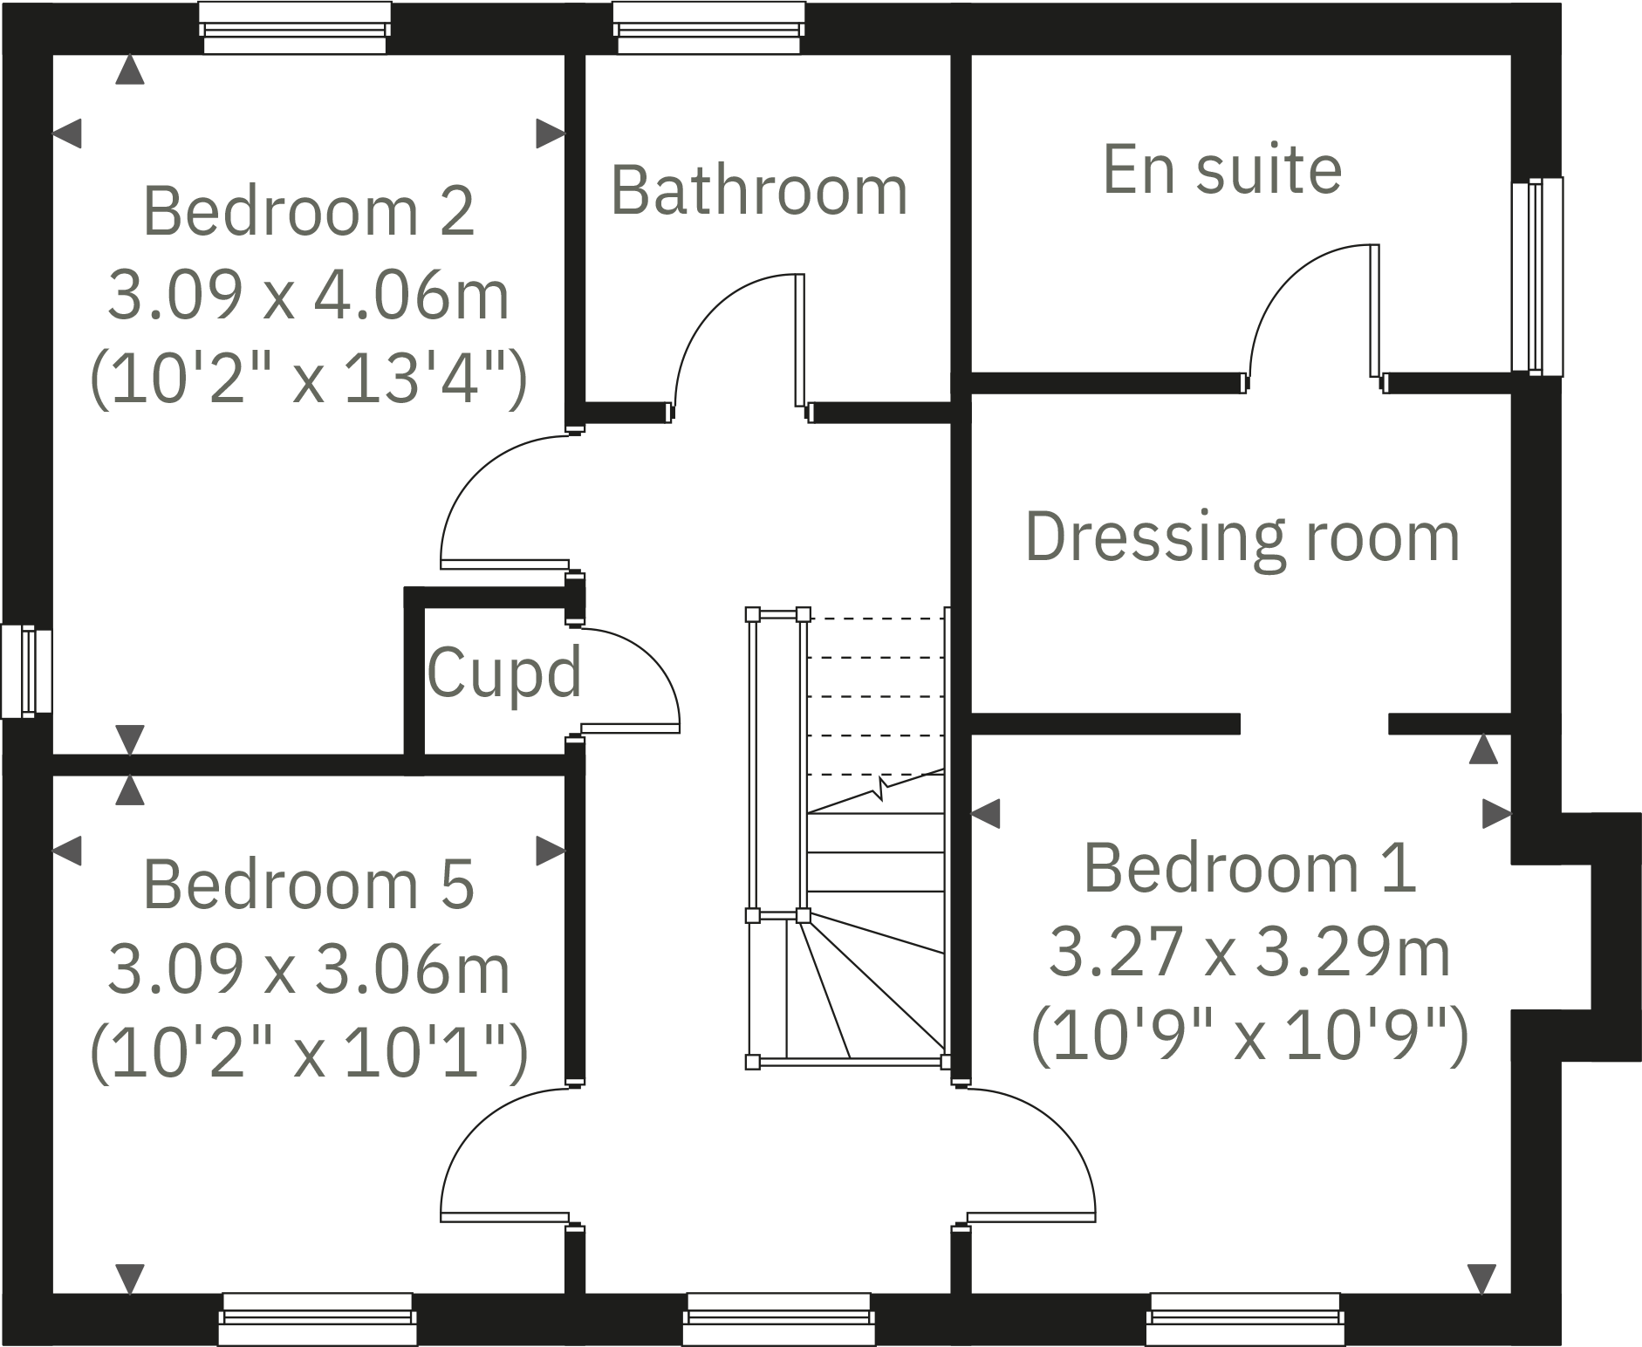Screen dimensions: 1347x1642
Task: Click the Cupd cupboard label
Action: point(503,672)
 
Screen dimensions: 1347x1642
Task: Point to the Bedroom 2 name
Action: point(309,210)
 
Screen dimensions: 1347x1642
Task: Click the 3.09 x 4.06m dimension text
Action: point(309,295)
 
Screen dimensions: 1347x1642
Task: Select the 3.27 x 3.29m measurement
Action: point(1249,951)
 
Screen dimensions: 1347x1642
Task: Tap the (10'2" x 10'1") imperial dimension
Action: point(309,1052)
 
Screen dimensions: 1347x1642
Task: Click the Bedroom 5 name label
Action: point(309,884)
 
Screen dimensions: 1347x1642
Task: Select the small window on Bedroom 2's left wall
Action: point(26,671)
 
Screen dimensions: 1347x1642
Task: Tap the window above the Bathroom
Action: point(708,28)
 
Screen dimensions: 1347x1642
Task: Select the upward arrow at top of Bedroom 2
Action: point(130,70)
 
